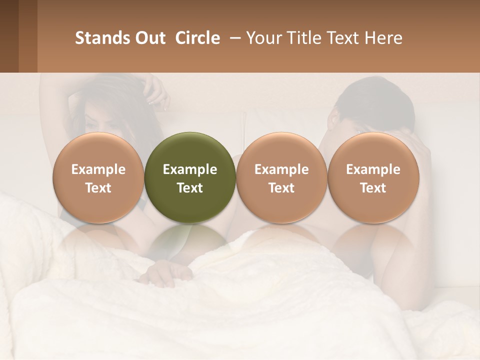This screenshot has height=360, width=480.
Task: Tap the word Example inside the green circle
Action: [190, 169]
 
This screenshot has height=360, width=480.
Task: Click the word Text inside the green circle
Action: [190, 188]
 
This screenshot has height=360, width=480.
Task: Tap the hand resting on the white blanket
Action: [165, 274]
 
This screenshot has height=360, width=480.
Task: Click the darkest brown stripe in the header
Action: [9, 36]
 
